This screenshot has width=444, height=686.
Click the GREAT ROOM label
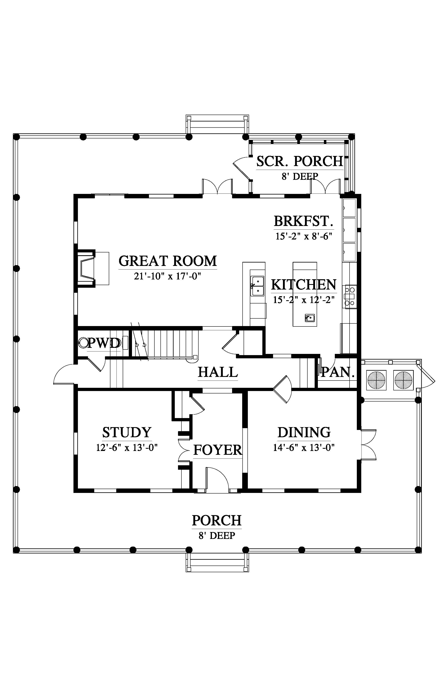pos(168,261)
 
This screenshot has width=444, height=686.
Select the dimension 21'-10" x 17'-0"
pos(167,276)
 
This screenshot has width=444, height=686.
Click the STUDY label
pos(127,432)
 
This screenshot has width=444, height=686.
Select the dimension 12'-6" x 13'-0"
pos(127,448)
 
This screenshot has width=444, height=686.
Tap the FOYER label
pos(217,450)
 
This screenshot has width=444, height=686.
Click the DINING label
pos(304,432)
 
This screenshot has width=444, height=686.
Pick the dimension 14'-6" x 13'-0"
pos(304,448)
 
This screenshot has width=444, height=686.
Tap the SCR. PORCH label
pos(299,161)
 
